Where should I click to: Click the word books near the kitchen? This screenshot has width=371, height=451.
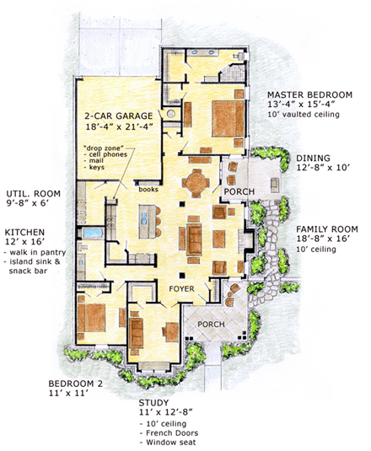tap(148, 190)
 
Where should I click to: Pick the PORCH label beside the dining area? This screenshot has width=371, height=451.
tap(234, 192)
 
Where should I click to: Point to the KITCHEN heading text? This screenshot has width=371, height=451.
tap(24, 230)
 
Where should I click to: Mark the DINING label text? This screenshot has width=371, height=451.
tap(313, 157)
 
